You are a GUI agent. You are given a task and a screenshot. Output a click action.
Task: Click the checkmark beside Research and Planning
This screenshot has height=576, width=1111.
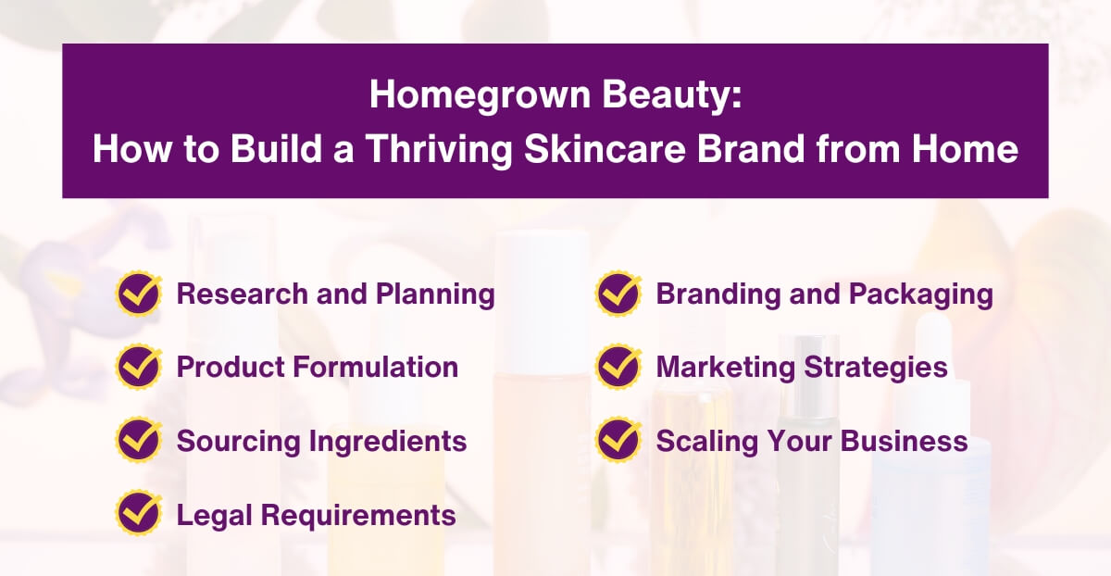click(x=139, y=294)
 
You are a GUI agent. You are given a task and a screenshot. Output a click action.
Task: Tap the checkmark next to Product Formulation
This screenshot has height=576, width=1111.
click(x=139, y=367)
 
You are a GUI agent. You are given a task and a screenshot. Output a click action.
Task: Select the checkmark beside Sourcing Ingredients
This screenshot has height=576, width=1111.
click(x=139, y=440)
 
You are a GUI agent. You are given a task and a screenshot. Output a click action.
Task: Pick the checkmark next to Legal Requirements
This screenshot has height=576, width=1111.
click(x=139, y=514)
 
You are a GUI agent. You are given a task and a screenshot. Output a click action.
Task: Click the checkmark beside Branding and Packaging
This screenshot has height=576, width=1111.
click(x=618, y=294)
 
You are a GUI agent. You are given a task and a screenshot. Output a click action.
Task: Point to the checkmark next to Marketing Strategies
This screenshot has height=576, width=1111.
click(x=618, y=367)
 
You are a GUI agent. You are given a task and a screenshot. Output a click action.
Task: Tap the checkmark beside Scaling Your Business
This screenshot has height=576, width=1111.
click(x=618, y=440)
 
